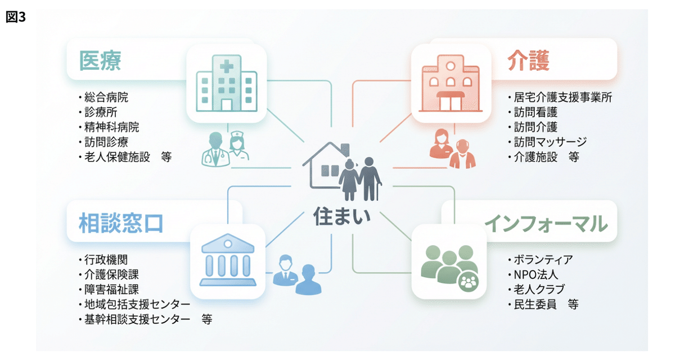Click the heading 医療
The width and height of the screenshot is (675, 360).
point(101,60)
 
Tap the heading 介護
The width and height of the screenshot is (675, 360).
point(528,60)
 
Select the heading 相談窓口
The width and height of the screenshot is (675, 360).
point(121,223)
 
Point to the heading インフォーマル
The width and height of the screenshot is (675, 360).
point(546,223)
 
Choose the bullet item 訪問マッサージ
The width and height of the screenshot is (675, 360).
point(550,142)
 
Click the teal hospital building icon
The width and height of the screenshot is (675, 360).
point(226,84)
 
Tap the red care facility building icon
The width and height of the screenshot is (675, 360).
point(451,84)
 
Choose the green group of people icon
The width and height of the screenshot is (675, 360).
point(449,262)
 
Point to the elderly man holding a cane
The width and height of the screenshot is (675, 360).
point(370,178)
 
